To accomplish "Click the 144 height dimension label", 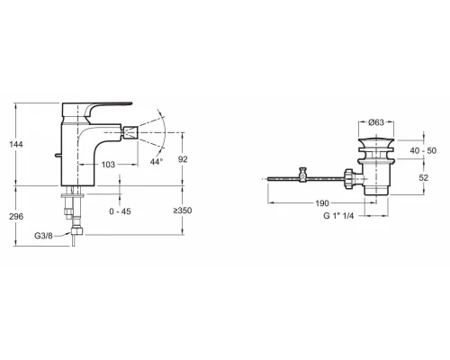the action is coord(16,144).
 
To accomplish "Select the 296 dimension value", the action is coord(16,216).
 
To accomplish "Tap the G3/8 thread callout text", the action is coord(43,236).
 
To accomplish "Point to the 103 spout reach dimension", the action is coord(108,165).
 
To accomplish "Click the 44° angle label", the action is coord(157,162).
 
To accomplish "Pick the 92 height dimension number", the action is coord(183,159).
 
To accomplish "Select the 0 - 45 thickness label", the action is coord(120,211).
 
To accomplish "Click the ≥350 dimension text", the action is coord(183,211).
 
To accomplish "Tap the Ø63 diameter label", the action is coord(376,122).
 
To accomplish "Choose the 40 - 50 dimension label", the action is coord(423,150).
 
